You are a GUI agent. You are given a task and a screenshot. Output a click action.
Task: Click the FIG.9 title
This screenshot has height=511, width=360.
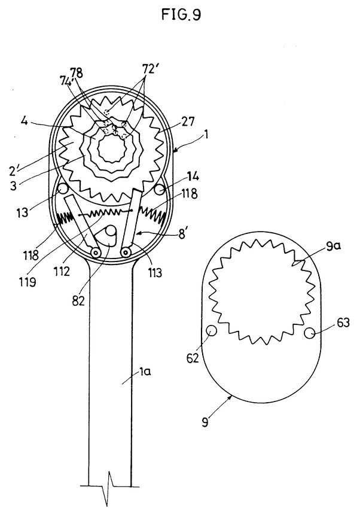pos(181,14)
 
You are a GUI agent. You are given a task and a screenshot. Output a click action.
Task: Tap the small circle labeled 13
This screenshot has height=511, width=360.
pos(62,188)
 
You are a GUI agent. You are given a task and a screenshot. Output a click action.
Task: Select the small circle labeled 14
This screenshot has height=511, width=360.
pos(159,189)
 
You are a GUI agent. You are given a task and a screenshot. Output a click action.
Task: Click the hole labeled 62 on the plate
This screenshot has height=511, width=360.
pos(212,331)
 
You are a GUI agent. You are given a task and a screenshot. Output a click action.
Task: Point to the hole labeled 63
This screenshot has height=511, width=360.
pos(310,333)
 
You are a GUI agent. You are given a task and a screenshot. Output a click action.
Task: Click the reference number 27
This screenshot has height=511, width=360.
pos(187,121)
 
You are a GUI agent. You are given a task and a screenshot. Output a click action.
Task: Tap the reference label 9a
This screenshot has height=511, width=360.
pos(333,247)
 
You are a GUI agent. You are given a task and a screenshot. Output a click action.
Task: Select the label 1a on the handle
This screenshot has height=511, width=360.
pos(145,371)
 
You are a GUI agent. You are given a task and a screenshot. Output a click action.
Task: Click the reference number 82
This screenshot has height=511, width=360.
pos(78,301)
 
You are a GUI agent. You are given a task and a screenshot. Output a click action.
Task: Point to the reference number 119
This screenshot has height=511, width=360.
pos(28,282)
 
